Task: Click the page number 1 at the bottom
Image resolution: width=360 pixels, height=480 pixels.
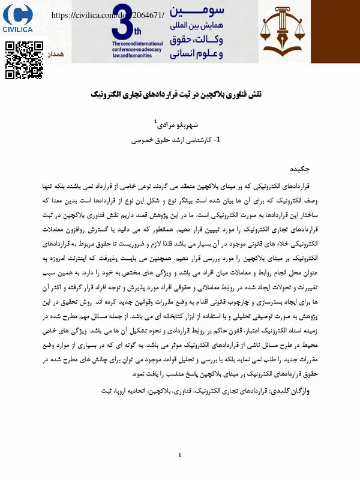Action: pos(179,455)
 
